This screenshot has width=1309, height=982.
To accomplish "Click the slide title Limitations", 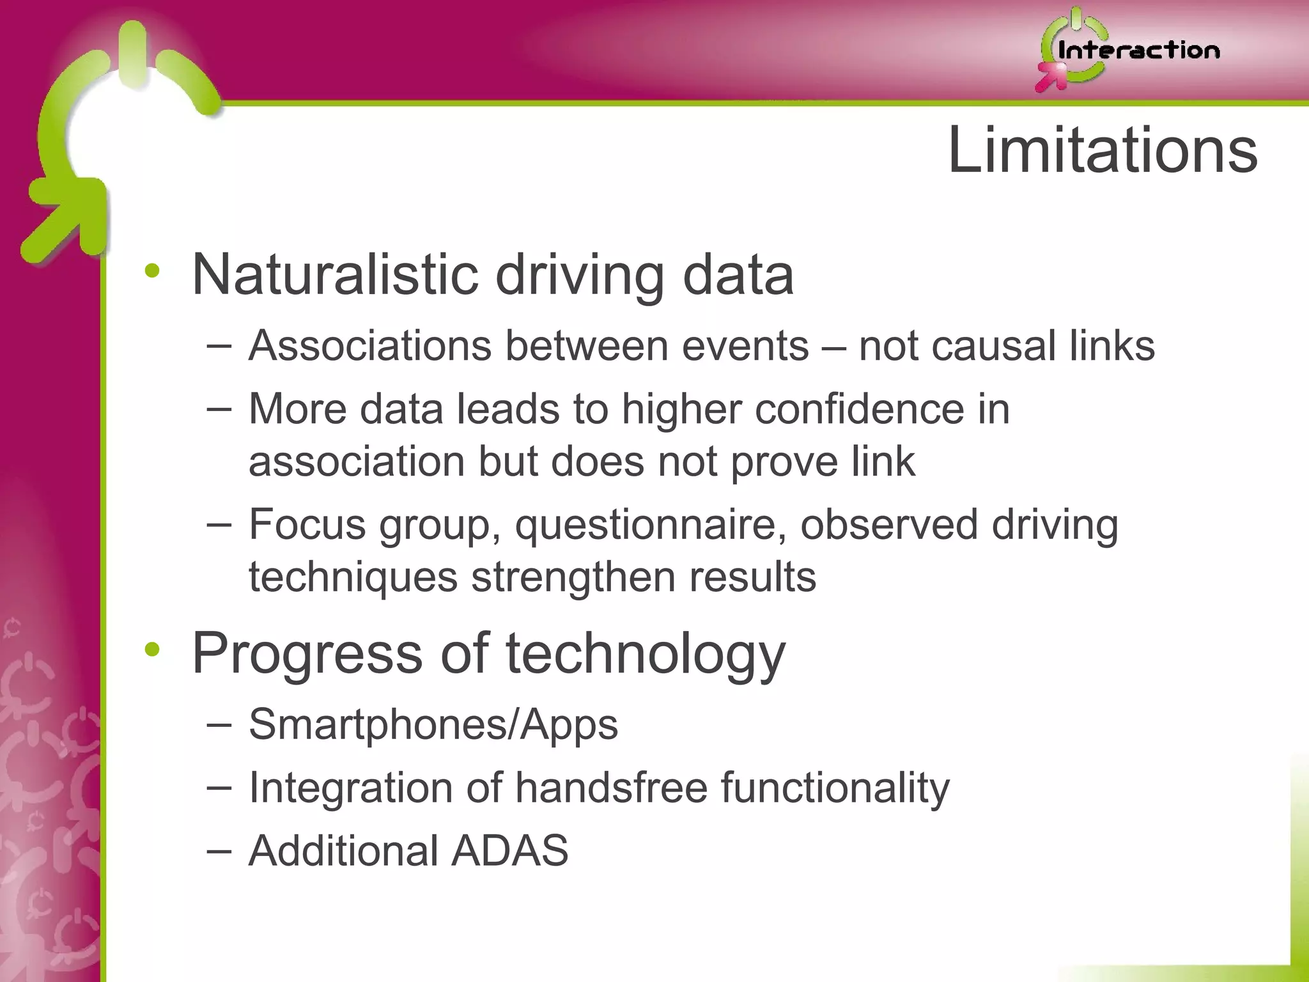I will pyautogui.click(x=1103, y=151).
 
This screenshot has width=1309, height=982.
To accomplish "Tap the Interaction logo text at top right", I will pyautogui.click(x=1138, y=51).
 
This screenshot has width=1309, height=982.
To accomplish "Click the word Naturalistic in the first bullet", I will pyautogui.click(x=335, y=275).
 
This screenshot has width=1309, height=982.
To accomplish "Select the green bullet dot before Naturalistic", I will pyautogui.click(x=152, y=271).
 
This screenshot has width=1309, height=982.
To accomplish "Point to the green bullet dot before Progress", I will pyautogui.click(x=152, y=650).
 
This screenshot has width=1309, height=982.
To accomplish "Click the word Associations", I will pyautogui.click(x=370, y=346).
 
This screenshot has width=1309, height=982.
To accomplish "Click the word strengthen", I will pyautogui.click(x=572, y=577).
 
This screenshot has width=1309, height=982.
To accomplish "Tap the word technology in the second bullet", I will pyautogui.click(x=646, y=654).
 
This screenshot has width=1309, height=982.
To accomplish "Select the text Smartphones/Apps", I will pyautogui.click(x=433, y=724).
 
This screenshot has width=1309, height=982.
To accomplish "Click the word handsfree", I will pyautogui.click(x=612, y=788).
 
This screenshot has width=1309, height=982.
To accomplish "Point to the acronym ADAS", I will pyautogui.click(x=509, y=850).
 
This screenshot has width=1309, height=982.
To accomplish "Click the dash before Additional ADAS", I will pyautogui.click(x=219, y=852).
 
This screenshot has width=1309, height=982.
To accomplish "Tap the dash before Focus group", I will pyautogui.click(x=219, y=526).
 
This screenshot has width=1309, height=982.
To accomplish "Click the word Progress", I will pyautogui.click(x=307, y=654).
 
